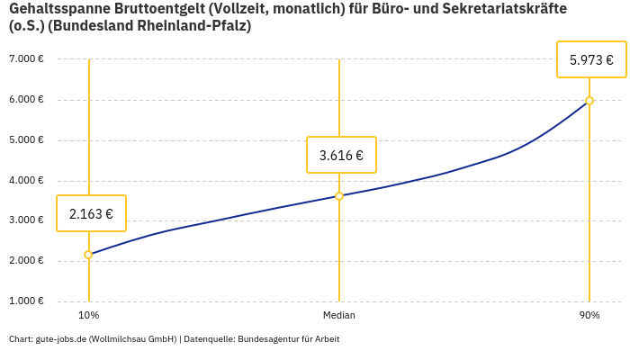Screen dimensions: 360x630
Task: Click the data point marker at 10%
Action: pyautogui.click(x=88, y=255)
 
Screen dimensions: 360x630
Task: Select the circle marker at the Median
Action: pyautogui.click(x=339, y=195)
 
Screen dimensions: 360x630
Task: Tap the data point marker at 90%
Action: pyautogui.click(x=589, y=101)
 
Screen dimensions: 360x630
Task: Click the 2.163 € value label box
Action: pyautogui.click(x=91, y=213)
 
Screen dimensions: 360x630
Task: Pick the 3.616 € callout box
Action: pyautogui.click(x=341, y=155)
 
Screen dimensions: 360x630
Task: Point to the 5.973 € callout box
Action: pyautogui.click(x=591, y=60)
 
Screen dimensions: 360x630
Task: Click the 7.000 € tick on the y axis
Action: pyautogui.click(x=26, y=58)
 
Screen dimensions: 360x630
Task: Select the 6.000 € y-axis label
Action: pyautogui.click(x=26, y=99)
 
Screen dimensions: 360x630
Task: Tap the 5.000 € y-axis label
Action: pyautogui.click(x=26, y=139)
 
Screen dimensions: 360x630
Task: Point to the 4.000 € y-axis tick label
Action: pyautogui.click(x=26, y=180)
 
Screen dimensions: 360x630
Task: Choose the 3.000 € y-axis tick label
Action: pyautogui.click(x=26, y=220)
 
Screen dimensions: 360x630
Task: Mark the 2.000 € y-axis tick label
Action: pyautogui.click(x=26, y=260)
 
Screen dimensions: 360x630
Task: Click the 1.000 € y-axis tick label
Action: pyautogui.click(x=26, y=301)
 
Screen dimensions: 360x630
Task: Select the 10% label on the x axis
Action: pyautogui.click(x=88, y=315)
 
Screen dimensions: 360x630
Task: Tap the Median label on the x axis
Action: pyautogui.click(x=339, y=315)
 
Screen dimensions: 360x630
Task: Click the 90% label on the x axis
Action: pyautogui.click(x=589, y=315)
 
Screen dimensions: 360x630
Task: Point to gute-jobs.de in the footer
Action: pyautogui.click(x=60, y=339)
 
